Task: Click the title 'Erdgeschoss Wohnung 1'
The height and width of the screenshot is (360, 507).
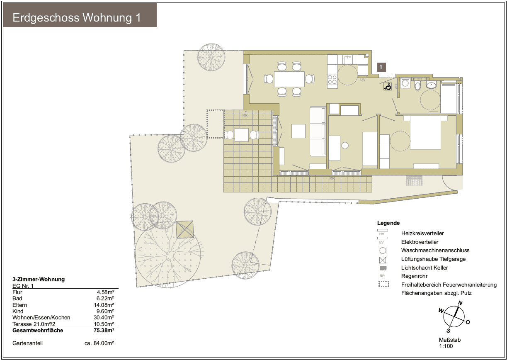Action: tap(77, 18)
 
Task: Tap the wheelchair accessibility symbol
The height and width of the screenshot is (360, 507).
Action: tap(388, 87)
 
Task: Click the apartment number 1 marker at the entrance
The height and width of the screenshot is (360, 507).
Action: tap(381, 66)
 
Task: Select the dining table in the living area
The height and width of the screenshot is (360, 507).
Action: tap(289, 78)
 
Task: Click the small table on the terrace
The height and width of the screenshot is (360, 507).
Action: tap(242, 135)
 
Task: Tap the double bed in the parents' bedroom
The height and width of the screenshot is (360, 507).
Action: tap(425, 132)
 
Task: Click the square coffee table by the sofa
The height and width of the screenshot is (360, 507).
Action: tap(298, 131)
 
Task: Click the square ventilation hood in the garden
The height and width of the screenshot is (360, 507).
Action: tap(185, 229)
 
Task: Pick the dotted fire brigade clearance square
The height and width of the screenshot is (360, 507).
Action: tap(215, 124)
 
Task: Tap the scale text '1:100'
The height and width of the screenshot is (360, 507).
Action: tap(446, 345)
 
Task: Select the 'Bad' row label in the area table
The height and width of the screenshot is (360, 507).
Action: tap(17, 298)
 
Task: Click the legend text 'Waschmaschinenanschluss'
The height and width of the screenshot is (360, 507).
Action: tap(435, 251)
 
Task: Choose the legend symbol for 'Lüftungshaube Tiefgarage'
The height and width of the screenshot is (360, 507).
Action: tap(383, 260)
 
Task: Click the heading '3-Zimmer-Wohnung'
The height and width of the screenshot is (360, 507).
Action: tap(39, 280)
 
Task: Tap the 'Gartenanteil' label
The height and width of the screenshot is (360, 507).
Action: tap(28, 343)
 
